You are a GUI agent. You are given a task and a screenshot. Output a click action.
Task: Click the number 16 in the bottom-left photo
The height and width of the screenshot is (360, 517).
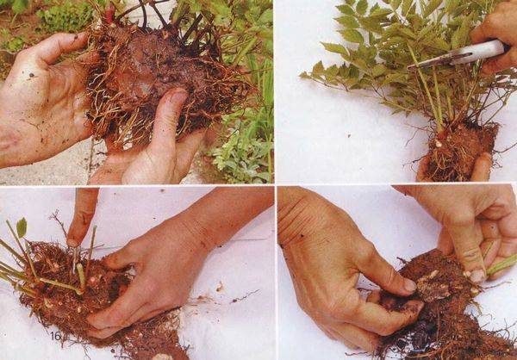[56, 336]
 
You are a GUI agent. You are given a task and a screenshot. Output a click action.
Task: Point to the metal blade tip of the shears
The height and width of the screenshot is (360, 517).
[410, 67]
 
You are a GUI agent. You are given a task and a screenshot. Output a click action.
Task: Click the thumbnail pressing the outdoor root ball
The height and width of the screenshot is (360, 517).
[179, 96]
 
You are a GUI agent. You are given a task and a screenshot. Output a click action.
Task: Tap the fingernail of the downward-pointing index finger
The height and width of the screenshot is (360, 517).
[72, 243]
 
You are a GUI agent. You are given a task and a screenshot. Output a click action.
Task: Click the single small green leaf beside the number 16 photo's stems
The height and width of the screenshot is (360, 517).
[22, 227]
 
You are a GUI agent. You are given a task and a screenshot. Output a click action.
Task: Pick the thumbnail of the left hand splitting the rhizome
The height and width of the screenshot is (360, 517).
[410, 285]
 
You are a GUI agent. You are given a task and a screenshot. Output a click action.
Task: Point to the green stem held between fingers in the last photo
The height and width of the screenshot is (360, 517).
[501, 264]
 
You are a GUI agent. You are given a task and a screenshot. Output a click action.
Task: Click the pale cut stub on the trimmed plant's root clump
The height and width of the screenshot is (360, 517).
[439, 144]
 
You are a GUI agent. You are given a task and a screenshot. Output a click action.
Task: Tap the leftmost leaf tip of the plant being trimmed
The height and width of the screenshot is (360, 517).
[301, 76]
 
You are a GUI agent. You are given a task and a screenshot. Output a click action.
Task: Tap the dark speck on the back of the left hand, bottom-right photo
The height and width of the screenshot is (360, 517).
[302, 236]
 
